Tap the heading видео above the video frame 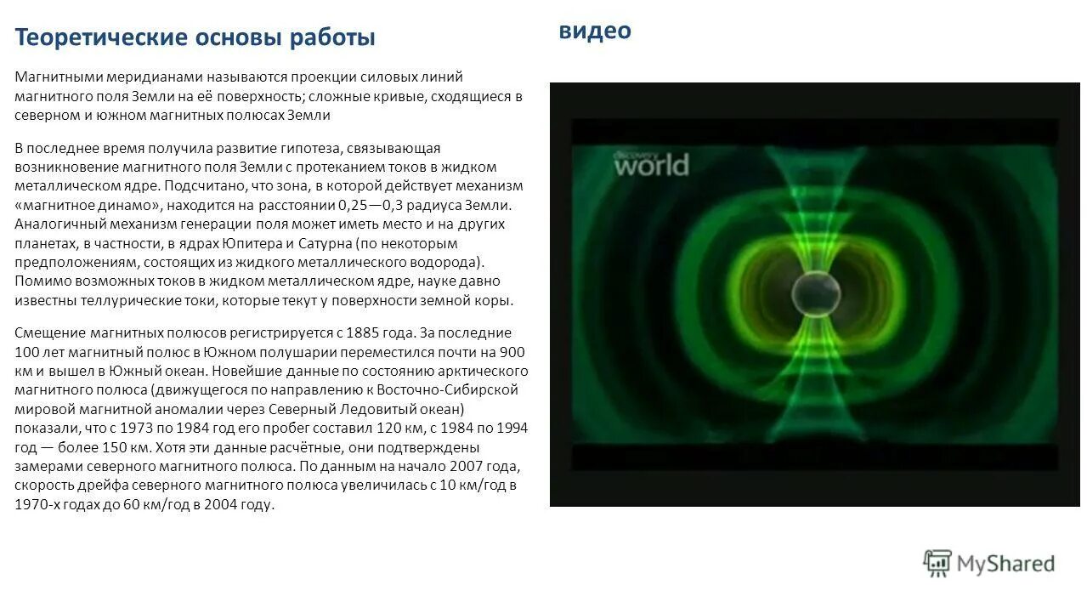coord(595,31)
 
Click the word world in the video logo coord(651,165)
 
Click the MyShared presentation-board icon coord(937,563)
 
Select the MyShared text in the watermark coord(1005,563)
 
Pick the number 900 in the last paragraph coord(512,351)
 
